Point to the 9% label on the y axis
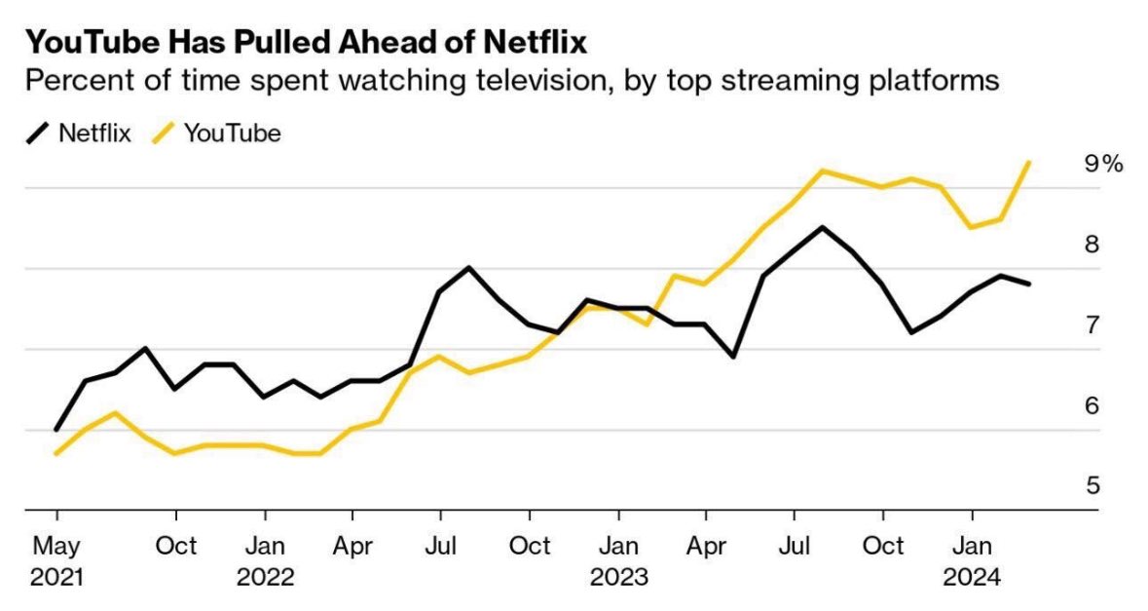[x=1104, y=164]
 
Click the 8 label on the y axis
[x=1092, y=244]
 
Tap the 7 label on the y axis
[x=1092, y=325]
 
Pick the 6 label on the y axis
[x=1092, y=405]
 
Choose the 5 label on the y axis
[x=1092, y=485]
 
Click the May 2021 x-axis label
[x=56, y=560]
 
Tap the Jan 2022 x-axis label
[x=265, y=560]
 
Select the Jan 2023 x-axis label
[x=618, y=560]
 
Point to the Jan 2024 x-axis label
[x=972, y=560]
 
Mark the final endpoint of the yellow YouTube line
[x=1030, y=163]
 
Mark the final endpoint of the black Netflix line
[x=1030, y=284]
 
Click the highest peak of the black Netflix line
[x=823, y=227]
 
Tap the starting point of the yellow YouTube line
[x=56, y=454]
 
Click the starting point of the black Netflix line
[x=56, y=429]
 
